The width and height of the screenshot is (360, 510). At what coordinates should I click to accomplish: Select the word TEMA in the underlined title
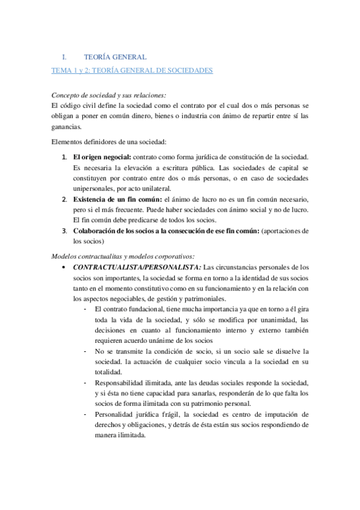[61, 70]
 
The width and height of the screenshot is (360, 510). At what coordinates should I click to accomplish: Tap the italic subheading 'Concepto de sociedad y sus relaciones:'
[109, 95]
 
